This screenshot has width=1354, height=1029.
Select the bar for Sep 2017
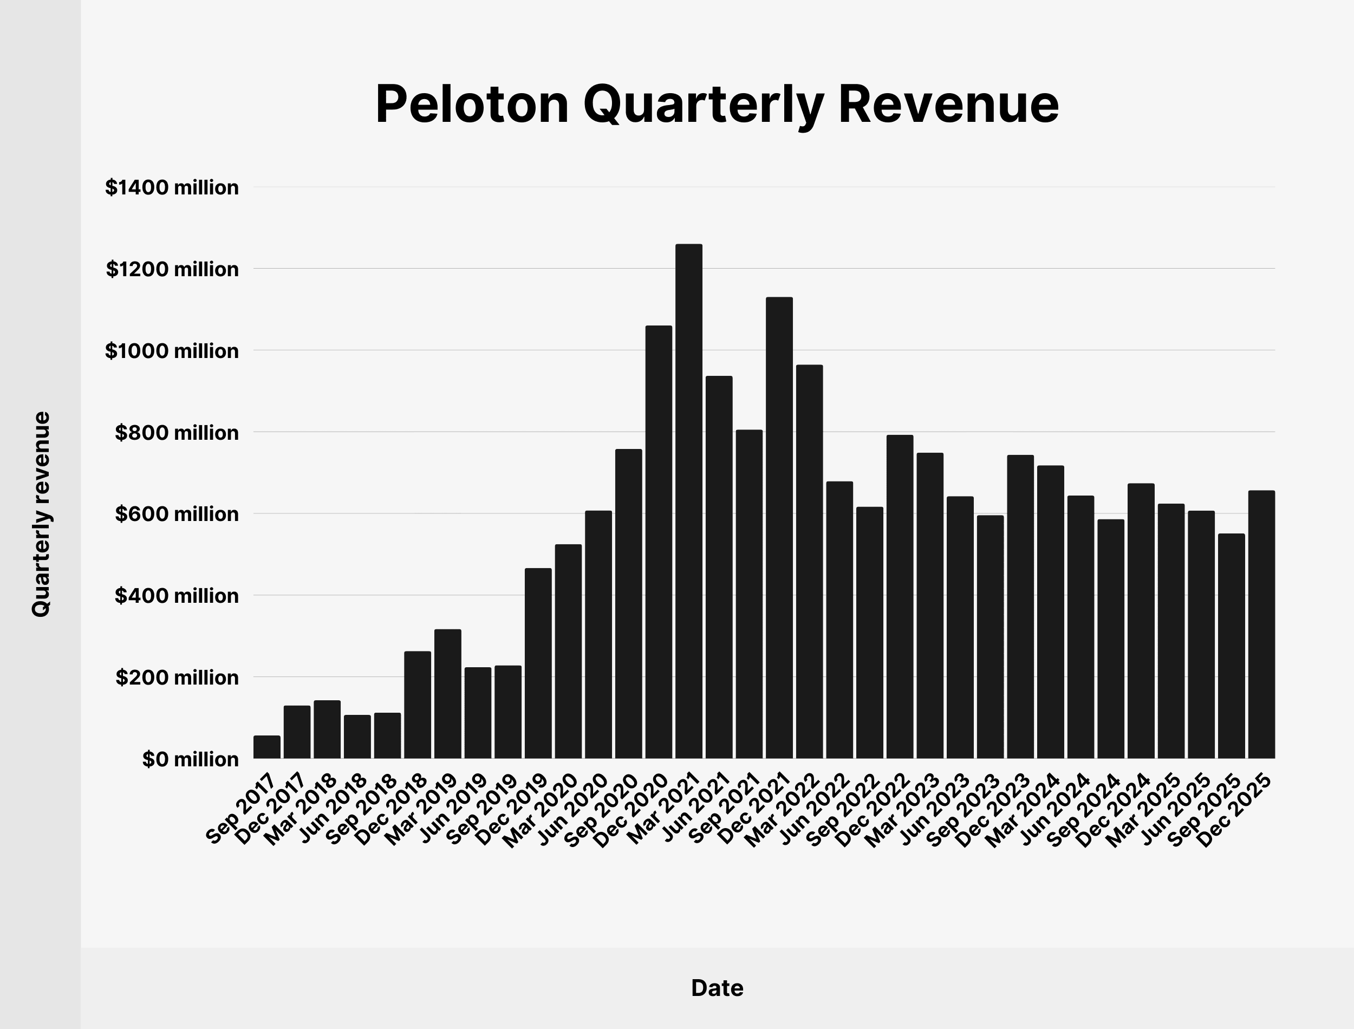(266, 747)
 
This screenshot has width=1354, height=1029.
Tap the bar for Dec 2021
(779, 527)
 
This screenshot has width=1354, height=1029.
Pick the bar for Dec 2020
(659, 542)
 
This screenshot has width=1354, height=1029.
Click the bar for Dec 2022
(900, 597)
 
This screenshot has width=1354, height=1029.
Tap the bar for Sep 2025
(1231, 646)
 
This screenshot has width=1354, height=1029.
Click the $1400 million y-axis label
(172, 187)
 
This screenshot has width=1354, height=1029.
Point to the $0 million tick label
(190, 759)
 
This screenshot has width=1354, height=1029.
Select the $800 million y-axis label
(177, 433)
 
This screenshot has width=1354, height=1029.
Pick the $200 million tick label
(177, 678)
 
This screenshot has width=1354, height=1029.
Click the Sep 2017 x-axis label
(240, 809)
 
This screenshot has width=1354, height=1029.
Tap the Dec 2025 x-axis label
(1235, 809)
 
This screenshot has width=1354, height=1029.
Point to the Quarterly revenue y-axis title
(41, 514)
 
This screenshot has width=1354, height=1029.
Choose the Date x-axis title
(717, 988)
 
